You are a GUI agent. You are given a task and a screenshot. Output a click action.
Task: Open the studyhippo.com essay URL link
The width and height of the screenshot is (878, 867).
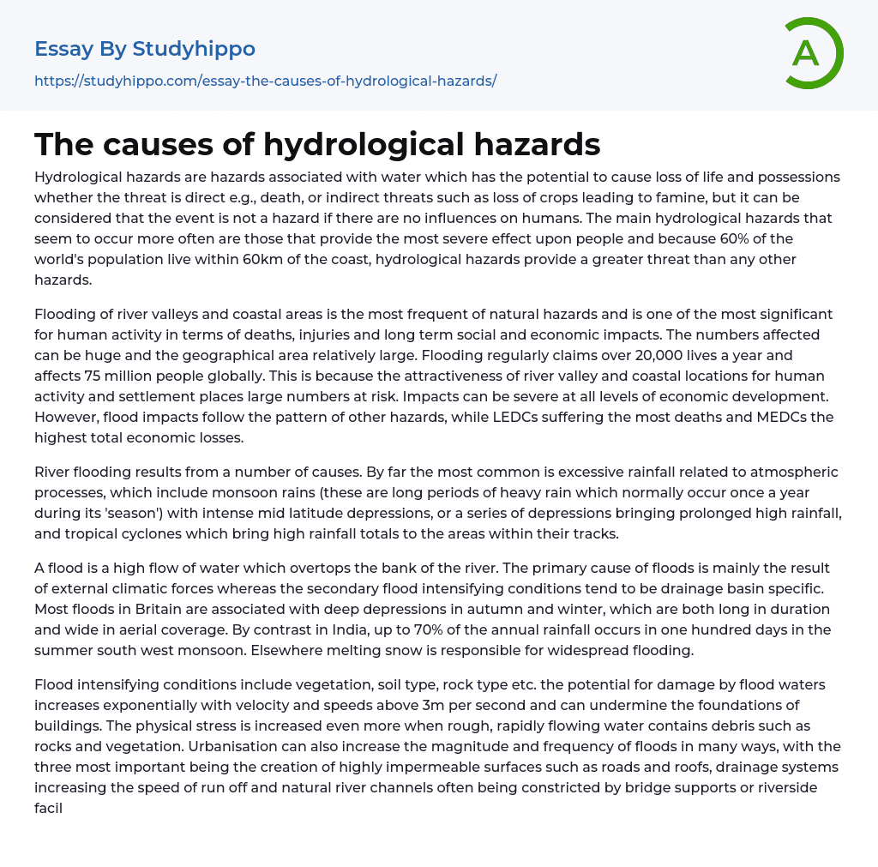(x=265, y=81)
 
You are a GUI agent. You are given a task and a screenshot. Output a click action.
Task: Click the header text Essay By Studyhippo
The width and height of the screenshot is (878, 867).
(x=145, y=49)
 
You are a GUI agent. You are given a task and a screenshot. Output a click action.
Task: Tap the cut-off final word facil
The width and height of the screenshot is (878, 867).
(x=49, y=808)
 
